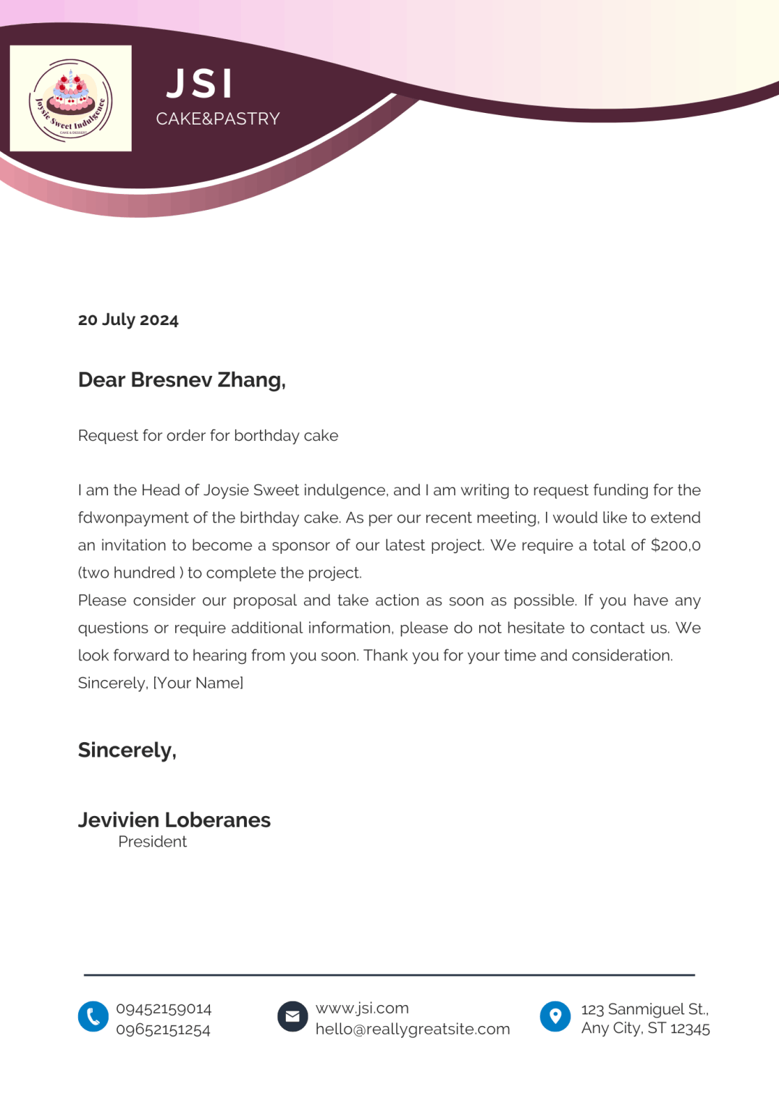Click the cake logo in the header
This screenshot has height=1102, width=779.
(x=71, y=98)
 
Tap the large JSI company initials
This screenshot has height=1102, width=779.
(x=200, y=84)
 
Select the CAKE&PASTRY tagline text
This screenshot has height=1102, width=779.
(x=218, y=119)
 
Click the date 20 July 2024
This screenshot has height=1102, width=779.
(x=128, y=320)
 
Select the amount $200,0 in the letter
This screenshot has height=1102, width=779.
(x=675, y=545)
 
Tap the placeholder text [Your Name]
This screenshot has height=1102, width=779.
(x=198, y=683)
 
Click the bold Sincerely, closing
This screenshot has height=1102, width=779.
(x=127, y=750)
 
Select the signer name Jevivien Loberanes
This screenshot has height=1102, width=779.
(x=174, y=820)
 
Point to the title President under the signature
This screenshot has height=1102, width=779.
(x=152, y=841)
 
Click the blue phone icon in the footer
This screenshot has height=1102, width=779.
(x=93, y=1017)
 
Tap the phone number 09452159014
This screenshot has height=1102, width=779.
(x=164, y=1009)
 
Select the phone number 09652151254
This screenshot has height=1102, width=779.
(x=163, y=1030)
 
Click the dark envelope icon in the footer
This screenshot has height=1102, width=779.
(x=292, y=1017)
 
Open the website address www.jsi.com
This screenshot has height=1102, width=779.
(x=362, y=1008)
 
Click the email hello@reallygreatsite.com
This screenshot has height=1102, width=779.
(x=413, y=1029)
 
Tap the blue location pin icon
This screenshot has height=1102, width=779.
(x=555, y=1017)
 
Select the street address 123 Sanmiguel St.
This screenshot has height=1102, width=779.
(x=644, y=1009)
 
